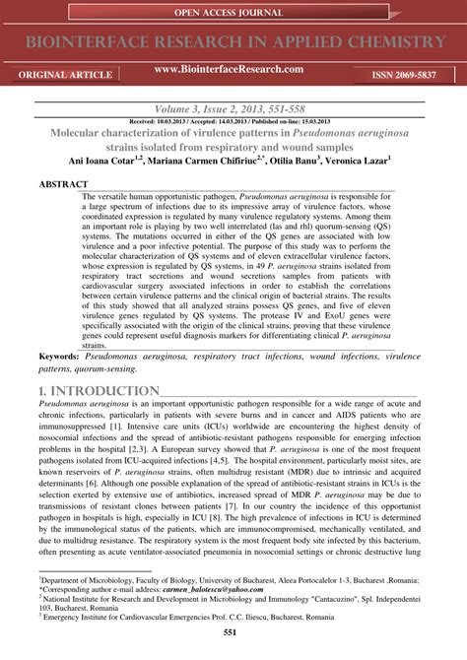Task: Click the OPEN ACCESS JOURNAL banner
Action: point(233,13)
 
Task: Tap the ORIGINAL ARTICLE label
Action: point(57,75)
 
